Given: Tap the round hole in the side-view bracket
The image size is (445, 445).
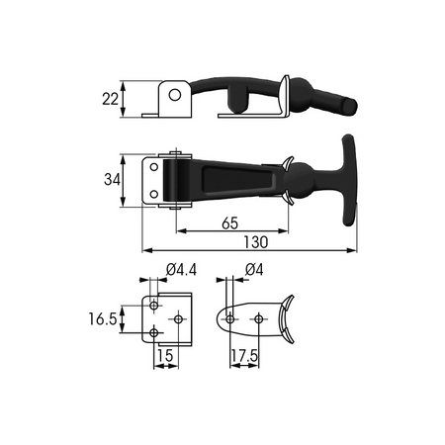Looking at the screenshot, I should (174, 97).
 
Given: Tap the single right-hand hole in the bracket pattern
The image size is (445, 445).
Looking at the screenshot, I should (178, 318).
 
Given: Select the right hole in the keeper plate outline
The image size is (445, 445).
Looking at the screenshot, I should (259, 318).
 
